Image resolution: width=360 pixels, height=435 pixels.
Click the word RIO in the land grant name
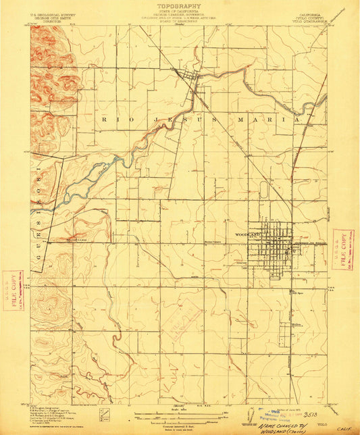click(113, 119)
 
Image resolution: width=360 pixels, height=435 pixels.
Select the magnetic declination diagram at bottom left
click(103, 415)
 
